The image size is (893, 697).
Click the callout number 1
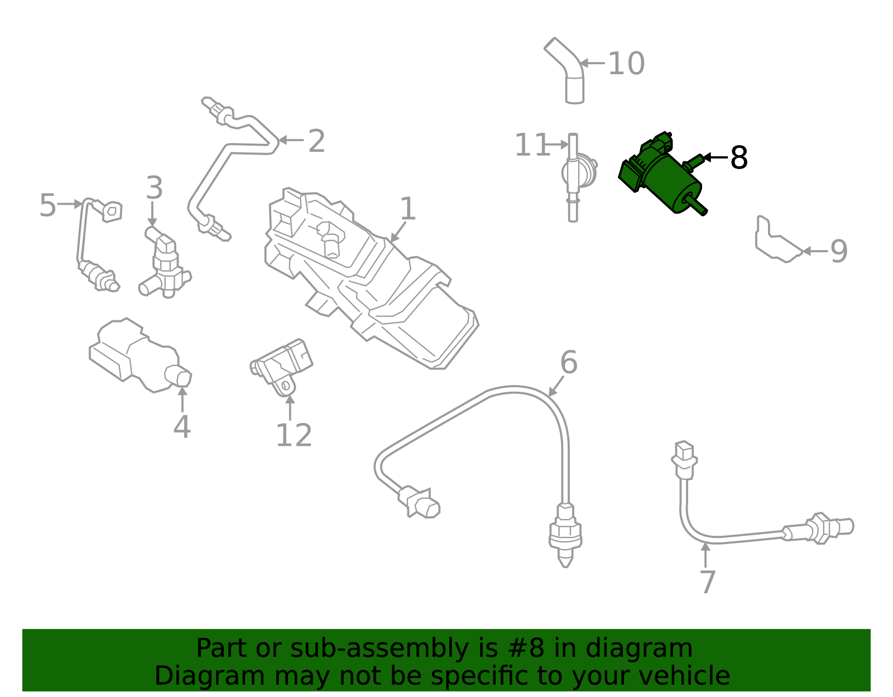[x=408, y=209]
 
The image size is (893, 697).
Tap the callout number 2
[x=316, y=141]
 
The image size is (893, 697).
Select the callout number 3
[x=155, y=188]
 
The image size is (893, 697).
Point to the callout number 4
[x=182, y=427]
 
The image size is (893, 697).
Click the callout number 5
[x=48, y=205]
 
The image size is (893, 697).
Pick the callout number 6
[x=568, y=363]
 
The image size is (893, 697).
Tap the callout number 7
[x=707, y=582]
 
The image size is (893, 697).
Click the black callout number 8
[x=739, y=158]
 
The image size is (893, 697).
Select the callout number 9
[x=839, y=252]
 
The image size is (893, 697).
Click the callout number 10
[x=626, y=64]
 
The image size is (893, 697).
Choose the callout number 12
[x=294, y=435]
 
